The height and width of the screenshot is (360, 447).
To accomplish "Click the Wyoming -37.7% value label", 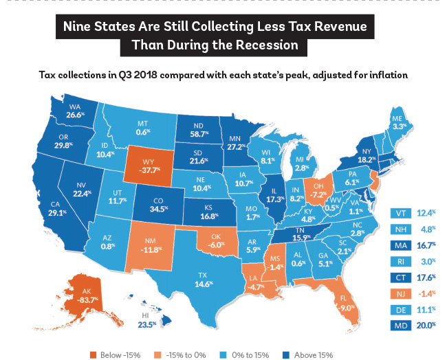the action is (x=150, y=170).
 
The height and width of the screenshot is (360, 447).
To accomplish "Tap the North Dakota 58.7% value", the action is (x=199, y=133).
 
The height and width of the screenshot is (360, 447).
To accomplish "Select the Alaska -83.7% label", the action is (x=87, y=300).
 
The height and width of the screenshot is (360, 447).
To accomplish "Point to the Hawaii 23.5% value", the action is (x=147, y=324).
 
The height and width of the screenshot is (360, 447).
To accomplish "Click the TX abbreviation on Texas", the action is (x=202, y=275).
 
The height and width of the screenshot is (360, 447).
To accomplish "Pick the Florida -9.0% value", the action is (x=347, y=308).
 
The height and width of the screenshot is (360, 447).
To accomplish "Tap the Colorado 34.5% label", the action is (x=159, y=209).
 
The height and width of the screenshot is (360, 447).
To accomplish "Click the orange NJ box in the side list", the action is (x=401, y=293).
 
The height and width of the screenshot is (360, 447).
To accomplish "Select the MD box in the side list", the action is (x=401, y=325).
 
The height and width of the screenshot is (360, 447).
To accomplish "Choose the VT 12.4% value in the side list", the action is (x=426, y=213).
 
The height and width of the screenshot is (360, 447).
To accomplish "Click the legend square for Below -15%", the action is (x=93, y=355).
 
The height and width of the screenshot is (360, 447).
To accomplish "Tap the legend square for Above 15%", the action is (x=285, y=355).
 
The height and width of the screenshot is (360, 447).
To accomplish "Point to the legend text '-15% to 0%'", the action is (x=186, y=355).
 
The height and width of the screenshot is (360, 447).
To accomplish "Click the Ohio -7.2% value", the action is (x=318, y=194).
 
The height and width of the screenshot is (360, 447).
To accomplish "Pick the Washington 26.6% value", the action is (x=75, y=115).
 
